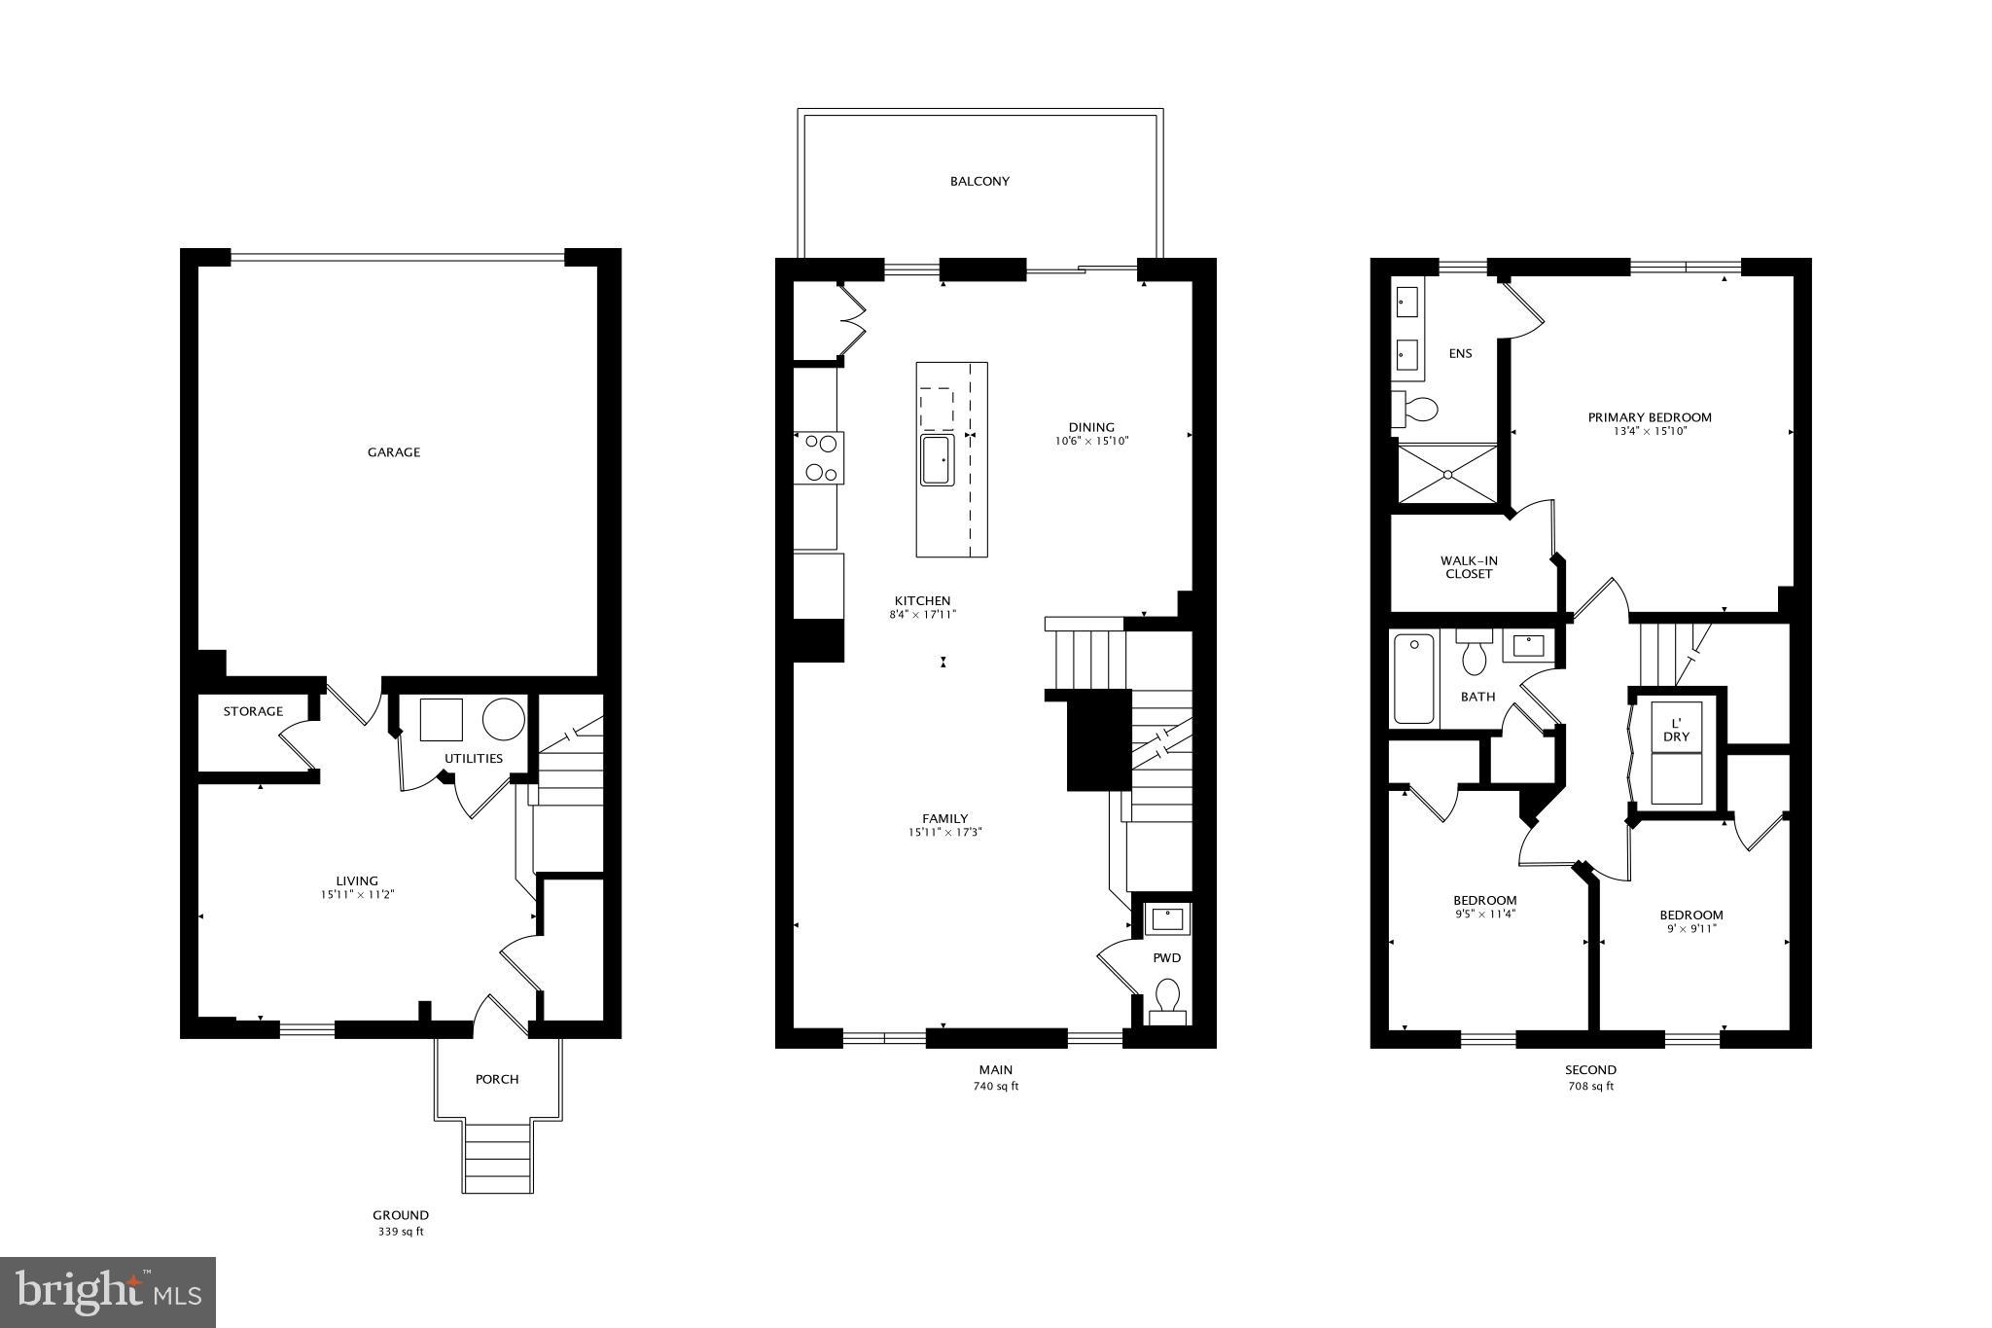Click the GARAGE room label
tap(394, 452)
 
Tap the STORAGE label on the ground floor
tap(253, 712)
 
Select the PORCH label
tap(497, 1079)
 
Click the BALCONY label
tap(979, 181)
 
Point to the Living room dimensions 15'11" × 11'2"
tap(357, 895)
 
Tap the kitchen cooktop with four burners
tap(819, 457)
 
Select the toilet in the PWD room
tap(1167, 998)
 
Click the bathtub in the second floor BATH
tap(1414, 678)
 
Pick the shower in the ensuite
tap(1446, 474)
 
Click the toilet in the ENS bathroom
tap(1417, 410)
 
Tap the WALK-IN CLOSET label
tap(1469, 567)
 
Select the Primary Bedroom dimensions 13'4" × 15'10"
tap(1650, 431)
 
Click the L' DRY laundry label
tap(1676, 731)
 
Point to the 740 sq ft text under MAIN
tap(995, 1087)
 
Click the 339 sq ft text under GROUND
tap(401, 1232)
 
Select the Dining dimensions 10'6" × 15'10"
tap(1091, 441)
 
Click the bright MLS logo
tap(108, 1293)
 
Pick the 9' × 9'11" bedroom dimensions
tap(1690, 929)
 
